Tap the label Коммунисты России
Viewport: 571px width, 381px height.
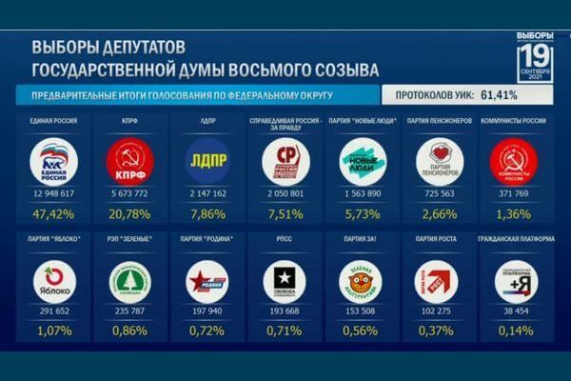(x=515, y=121)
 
